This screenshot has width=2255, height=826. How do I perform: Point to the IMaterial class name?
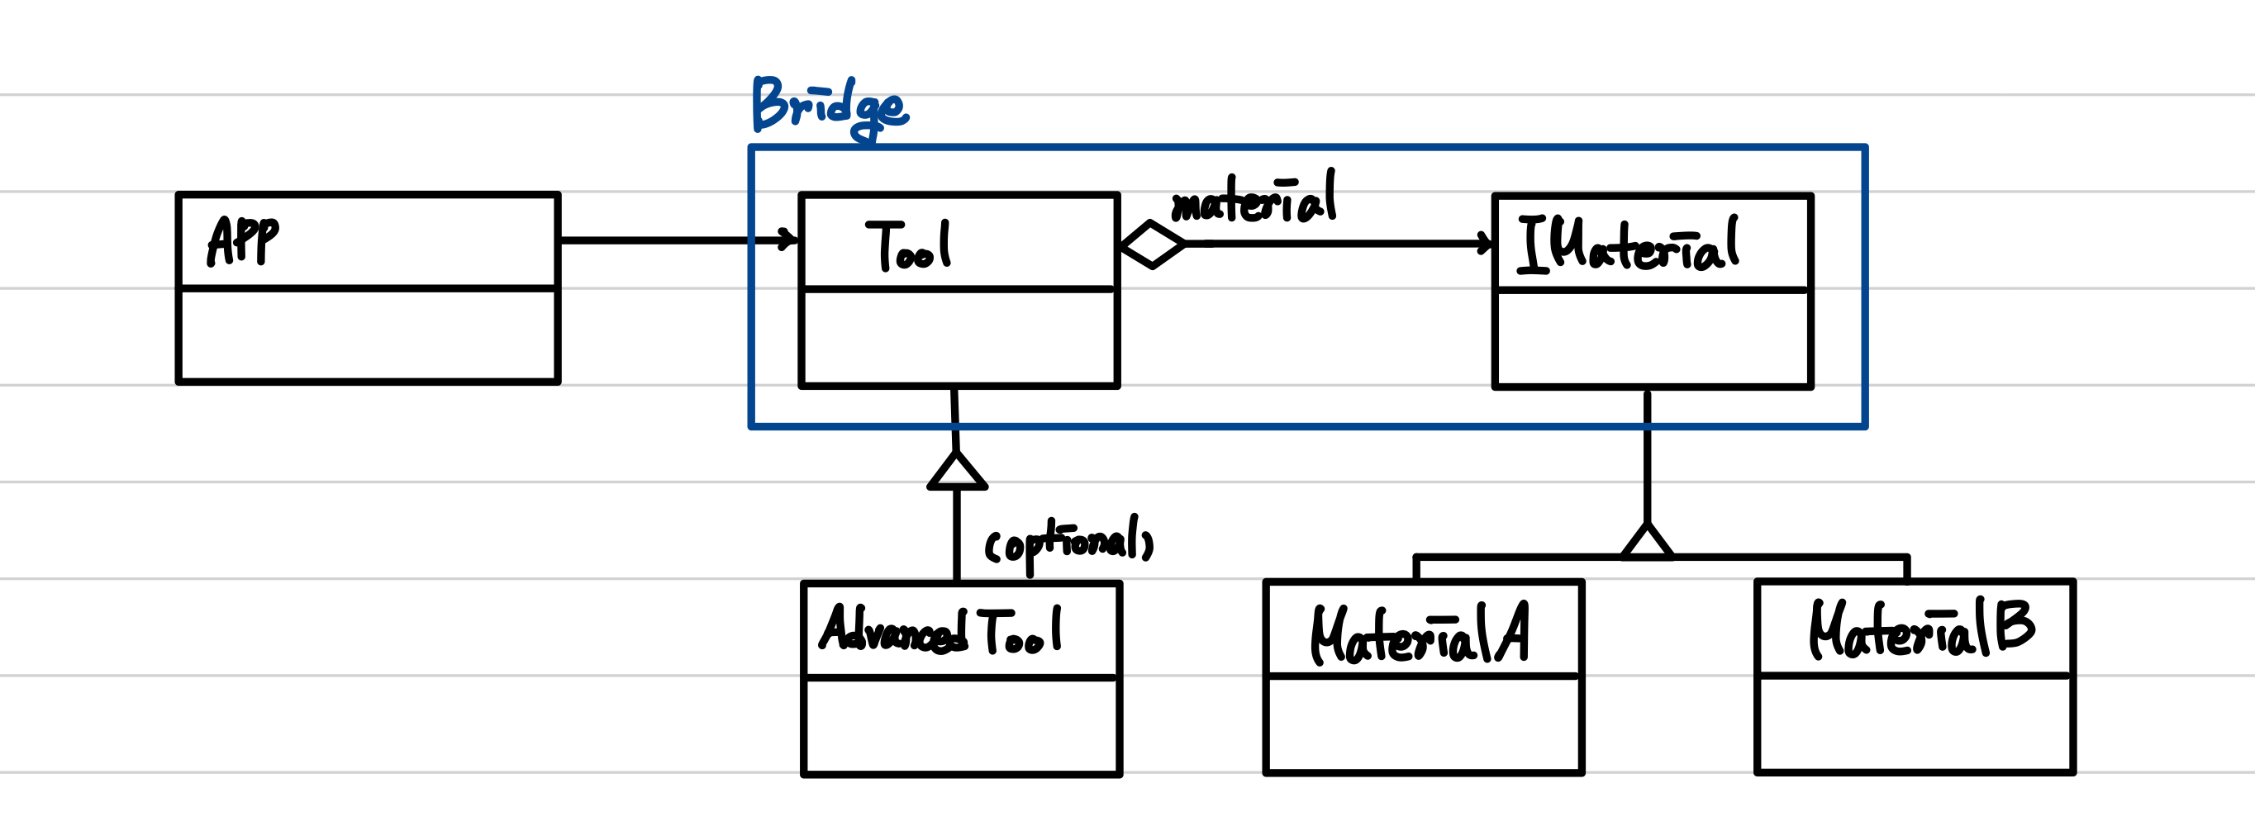pyautogui.click(x=1627, y=244)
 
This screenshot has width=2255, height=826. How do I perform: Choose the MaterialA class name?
pyautogui.click(x=1419, y=633)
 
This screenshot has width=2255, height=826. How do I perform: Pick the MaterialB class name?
pyautogui.click(x=1921, y=629)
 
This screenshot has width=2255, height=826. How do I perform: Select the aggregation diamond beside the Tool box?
pyautogui.click(x=1153, y=245)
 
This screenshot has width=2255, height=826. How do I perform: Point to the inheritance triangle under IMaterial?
pyautogui.click(x=1647, y=543)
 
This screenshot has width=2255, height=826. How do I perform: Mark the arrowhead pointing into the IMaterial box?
pyautogui.click(x=1486, y=243)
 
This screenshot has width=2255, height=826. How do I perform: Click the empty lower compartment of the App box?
pyautogui.click(x=368, y=335)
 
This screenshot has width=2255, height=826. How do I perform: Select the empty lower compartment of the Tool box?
pyautogui.click(x=959, y=336)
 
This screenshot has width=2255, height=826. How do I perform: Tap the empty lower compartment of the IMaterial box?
pyautogui.click(x=1652, y=338)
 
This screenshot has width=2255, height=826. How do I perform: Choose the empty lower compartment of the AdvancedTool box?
pyautogui.click(x=961, y=725)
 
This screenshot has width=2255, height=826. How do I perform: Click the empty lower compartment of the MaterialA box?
pyautogui.click(x=1424, y=724)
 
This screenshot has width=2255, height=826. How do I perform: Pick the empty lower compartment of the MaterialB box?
pyautogui.click(x=1915, y=724)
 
